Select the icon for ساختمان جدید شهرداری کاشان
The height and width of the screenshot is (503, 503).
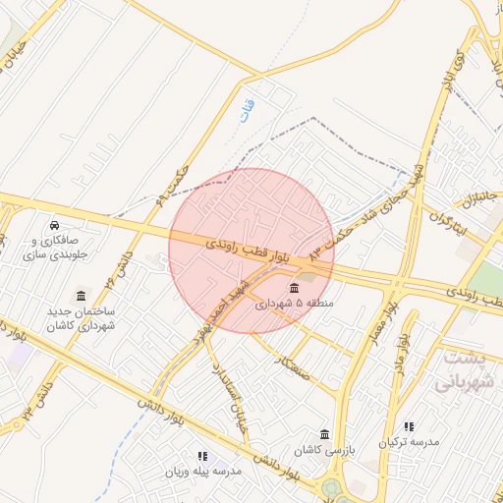point(80,296)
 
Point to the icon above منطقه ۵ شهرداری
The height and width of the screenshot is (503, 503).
point(295,287)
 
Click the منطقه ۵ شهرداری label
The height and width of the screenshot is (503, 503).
point(295,305)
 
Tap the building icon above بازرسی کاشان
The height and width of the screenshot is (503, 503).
point(324,434)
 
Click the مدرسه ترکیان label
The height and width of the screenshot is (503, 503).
point(411,443)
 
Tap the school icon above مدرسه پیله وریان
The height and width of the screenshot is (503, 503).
point(202,456)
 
